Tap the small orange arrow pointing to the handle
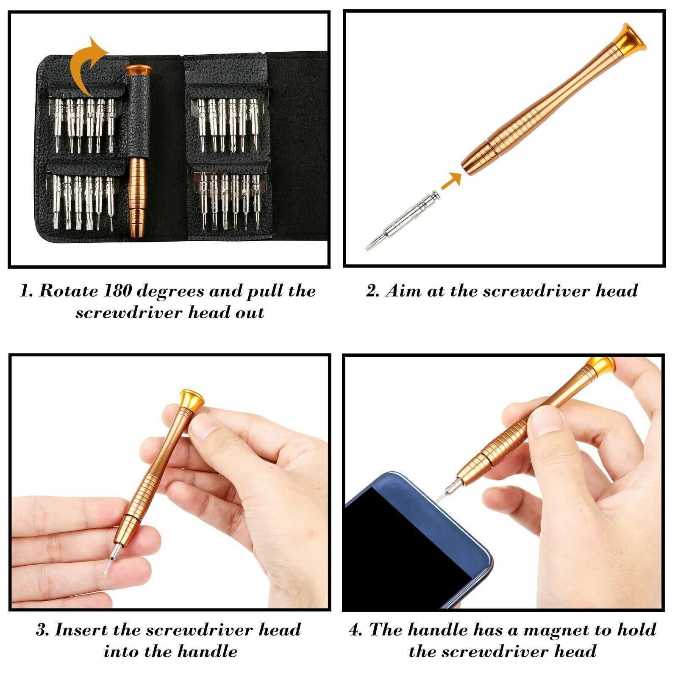pos(450,181)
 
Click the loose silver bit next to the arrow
pos(403,220)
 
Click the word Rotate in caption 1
pos(68,291)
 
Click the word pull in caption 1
pos(263,292)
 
